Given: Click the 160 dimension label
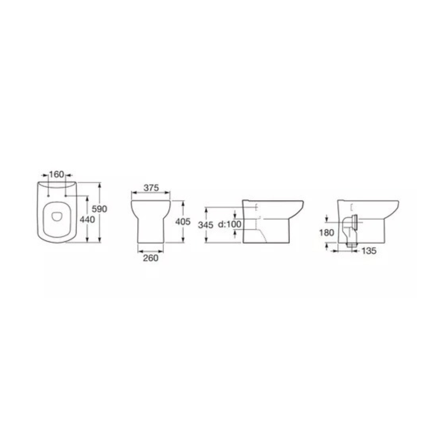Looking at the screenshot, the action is tap(57, 174).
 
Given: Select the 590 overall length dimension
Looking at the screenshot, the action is tap(99, 209).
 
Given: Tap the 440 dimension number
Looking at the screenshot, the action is tap(87, 219).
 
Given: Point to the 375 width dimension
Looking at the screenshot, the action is tap(152, 187).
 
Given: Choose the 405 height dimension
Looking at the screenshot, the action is tap(183, 222).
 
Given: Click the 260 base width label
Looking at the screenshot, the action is tap(151, 258).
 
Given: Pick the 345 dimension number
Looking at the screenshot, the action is tap(205, 225).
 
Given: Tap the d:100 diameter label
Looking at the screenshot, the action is tap(230, 225).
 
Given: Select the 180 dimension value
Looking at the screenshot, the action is tap(327, 233).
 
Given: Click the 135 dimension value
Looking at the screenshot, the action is tap(369, 251).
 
